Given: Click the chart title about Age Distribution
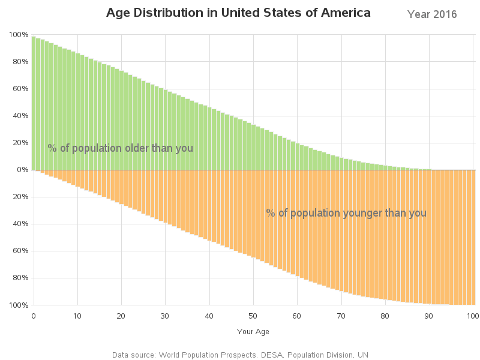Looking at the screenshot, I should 238,13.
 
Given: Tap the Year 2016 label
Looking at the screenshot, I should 431,14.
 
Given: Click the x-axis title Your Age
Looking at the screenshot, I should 253,331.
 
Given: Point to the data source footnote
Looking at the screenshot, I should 240,355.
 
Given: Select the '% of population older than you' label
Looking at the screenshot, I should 120,148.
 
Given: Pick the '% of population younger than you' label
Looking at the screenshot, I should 346,213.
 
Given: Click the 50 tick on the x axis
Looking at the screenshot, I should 253,316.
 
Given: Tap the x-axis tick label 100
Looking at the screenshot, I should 472,316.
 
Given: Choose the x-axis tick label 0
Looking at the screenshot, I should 34,316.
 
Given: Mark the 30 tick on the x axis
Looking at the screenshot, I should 165,316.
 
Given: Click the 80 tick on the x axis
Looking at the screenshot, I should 385,316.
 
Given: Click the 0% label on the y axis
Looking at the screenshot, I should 22,170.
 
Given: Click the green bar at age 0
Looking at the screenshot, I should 34,102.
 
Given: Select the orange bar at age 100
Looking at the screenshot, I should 473,237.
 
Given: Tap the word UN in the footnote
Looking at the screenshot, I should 362,355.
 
